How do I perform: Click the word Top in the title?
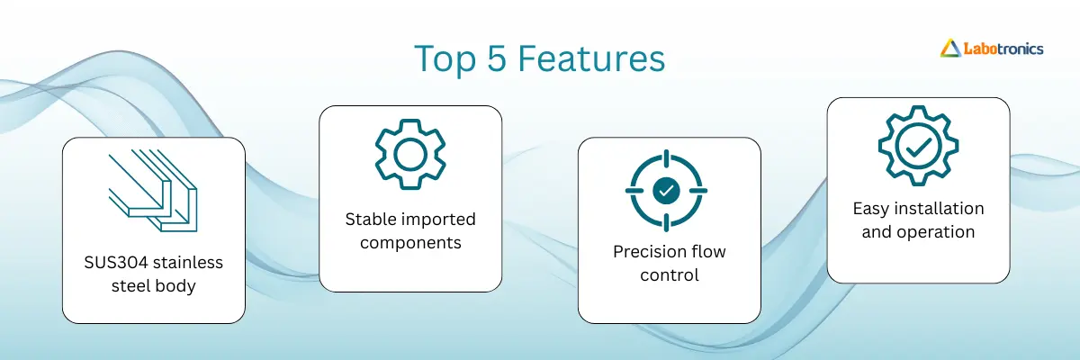[x=445, y=59]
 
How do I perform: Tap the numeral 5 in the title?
[x=497, y=58]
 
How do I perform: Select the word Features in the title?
[x=591, y=58]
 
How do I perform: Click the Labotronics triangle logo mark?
[x=950, y=49]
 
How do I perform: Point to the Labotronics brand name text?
[x=1003, y=49]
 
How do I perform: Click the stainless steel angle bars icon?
[x=153, y=191]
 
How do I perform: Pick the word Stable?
[x=370, y=220]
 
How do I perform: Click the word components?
[x=410, y=243]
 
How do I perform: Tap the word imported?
[x=437, y=220]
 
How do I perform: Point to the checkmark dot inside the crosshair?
[x=666, y=191]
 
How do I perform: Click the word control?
[x=670, y=275]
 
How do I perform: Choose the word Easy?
[x=871, y=209]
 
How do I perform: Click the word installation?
[x=940, y=209]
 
